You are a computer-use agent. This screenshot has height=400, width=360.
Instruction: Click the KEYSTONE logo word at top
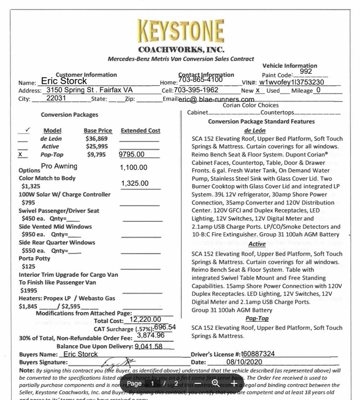pyautogui.click(x=180, y=31)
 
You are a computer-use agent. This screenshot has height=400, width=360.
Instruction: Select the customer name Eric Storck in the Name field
pyautogui.click(x=63, y=81)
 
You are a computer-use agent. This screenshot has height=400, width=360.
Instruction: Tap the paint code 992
pyautogui.click(x=306, y=71)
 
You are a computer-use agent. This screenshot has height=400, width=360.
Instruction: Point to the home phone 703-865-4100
pyautogui.click(x=200, y=80)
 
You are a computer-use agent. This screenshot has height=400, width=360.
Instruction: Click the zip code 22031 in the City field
pyautogui.click(x=56, y=98)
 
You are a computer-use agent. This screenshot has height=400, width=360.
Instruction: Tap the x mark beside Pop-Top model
pyautogui.click(x=20, y=154)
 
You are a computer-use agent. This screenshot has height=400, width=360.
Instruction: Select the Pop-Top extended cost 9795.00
pyautogui.click(x=131, y=155)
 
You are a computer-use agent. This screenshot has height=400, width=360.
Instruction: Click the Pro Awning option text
pyautogui.click(x=59, y=166)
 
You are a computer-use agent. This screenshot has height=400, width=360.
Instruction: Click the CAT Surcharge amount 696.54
pyautogui.click(x=165, y=327)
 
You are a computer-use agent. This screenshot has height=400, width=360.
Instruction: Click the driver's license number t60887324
pyautogui.click(x=258, y=354)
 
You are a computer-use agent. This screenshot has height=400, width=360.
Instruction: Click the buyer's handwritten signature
pyautogui.click(x=117, y=362)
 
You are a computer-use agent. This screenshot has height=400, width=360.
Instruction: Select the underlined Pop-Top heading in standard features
pyautogui.click(x=257, y=318)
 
